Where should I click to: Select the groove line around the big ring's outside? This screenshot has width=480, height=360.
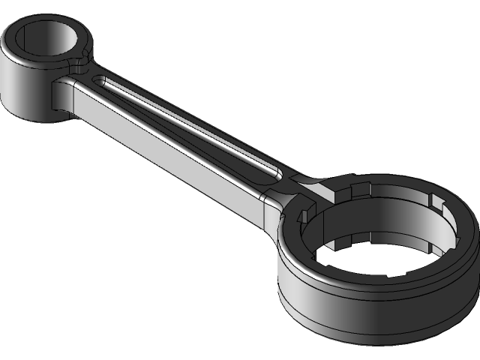[360, 304]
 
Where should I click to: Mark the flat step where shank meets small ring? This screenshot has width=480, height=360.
[60, 94]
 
